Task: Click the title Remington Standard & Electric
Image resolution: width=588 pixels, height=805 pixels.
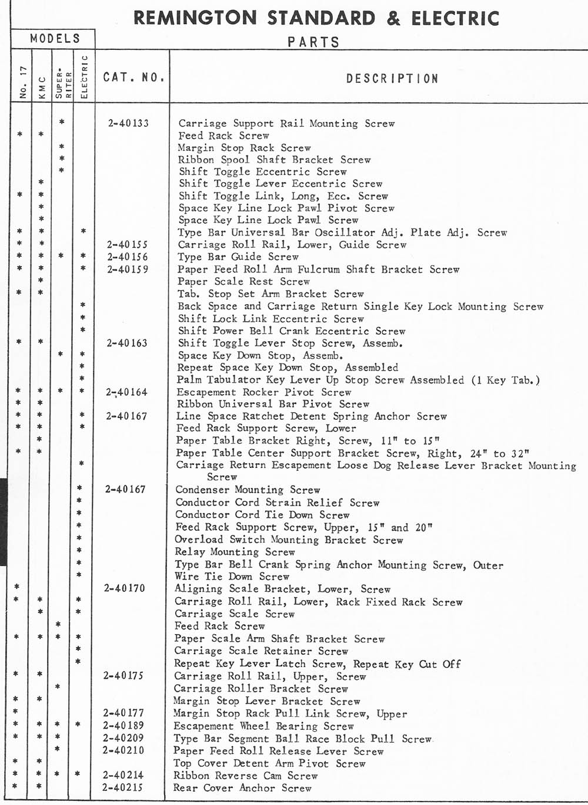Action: [x=316, y=18]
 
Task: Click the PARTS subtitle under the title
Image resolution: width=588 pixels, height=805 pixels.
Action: [x=313, y=42]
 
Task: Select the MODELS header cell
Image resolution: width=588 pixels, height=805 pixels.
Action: [x=55, y=39]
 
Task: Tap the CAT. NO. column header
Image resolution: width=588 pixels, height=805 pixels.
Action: [x=133, y=78]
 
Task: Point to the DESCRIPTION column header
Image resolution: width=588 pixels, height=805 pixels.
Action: [x=392, y=79]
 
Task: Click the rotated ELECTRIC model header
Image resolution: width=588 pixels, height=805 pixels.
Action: [x=83, y=77]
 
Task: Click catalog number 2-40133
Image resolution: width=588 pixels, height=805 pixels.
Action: [x=128, y=123]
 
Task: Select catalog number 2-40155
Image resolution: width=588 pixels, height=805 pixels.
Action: [x=128, y=244]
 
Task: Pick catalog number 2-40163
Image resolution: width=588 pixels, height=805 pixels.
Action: [x=127, y=343]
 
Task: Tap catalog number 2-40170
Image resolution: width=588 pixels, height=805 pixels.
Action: [x=125, y=588]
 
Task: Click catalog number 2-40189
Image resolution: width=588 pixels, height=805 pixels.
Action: [x=123, y=726]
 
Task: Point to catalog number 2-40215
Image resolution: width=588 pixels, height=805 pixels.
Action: [x=122, y=787]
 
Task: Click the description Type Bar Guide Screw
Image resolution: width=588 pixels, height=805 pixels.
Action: [x=238, y=257]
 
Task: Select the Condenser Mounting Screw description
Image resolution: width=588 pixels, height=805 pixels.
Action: [x=248, y=490]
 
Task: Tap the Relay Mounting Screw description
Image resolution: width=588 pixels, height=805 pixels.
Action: [x=235, y=552]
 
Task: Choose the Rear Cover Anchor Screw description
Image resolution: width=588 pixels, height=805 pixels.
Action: [x=242, y=788]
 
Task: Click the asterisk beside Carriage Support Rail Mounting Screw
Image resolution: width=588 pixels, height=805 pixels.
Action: [x=62, y=123]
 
